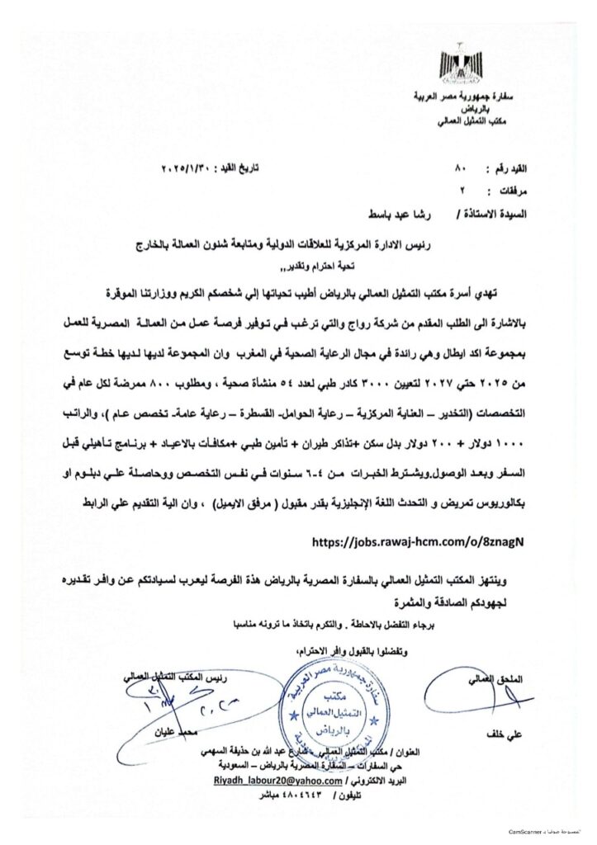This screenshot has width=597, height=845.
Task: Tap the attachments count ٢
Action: click(461, 191)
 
